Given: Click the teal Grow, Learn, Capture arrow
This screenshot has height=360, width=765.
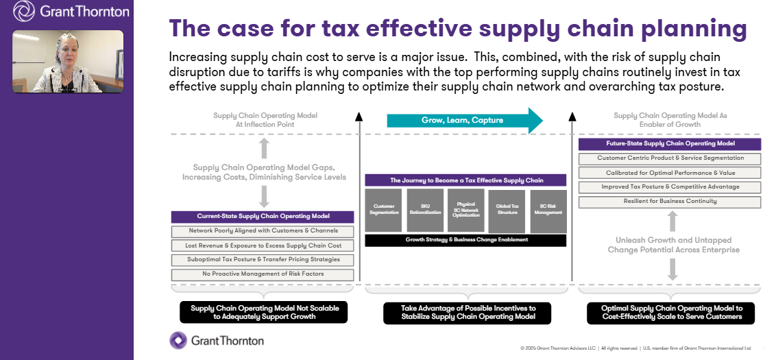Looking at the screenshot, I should click(463, 121).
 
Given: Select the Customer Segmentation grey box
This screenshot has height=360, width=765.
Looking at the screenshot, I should click(383, 211).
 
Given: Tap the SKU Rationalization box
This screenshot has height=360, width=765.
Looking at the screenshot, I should click(425, 211).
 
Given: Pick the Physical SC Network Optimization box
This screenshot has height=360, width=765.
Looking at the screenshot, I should click(465, 211).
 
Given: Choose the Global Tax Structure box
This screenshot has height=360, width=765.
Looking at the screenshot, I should click(506, 211).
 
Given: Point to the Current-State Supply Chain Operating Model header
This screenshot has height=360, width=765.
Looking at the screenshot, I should click(263, 217).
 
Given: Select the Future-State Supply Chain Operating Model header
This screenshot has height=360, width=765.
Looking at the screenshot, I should click(670, 144).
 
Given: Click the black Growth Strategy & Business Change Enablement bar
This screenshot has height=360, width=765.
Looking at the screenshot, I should click(465, 240).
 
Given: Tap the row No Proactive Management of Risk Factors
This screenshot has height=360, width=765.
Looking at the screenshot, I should click(263, 274).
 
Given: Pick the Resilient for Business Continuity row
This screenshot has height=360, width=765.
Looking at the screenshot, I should click(670, 202).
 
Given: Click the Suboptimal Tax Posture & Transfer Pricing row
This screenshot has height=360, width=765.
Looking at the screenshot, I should click(263, 260).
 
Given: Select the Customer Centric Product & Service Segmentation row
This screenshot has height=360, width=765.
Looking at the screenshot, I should click(670, 158).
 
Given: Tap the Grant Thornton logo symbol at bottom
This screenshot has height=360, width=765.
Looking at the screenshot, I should click(178, 340).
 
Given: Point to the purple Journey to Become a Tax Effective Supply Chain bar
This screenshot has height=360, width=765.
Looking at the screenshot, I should click(465, 180).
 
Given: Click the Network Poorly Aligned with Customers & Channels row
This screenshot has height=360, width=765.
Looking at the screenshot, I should click(263, 231).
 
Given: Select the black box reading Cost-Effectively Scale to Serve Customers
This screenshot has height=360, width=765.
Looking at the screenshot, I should click(671, 313).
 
